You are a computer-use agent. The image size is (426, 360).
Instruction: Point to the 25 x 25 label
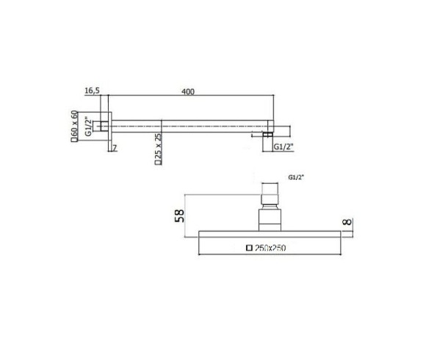tap(159, 150)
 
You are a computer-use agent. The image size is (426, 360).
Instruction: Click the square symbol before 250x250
tap(250, 248)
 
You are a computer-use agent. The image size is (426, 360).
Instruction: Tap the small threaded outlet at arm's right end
tap(268, 135)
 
